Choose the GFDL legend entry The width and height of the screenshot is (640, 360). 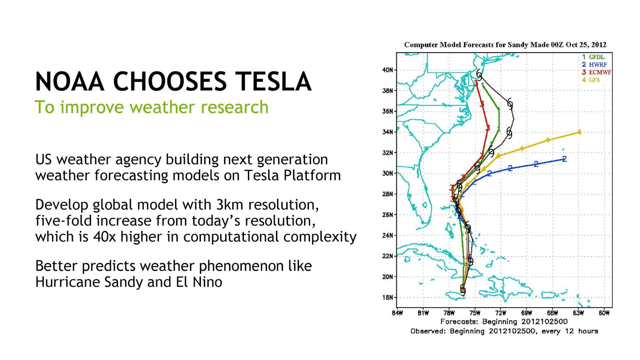click(x=593, y=57)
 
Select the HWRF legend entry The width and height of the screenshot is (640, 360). click(x=594, y=65)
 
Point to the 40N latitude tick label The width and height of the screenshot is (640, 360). click(x=388, y=70)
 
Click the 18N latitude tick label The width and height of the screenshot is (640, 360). click(x=388, y=297)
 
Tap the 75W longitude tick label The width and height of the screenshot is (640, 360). click(x=475, y=313)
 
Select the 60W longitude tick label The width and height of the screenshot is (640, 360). click(x=604, y=313)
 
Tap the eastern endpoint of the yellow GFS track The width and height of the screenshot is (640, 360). click(x=580, y=132)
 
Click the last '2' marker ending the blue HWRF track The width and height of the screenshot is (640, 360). click(x=564, y=159)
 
